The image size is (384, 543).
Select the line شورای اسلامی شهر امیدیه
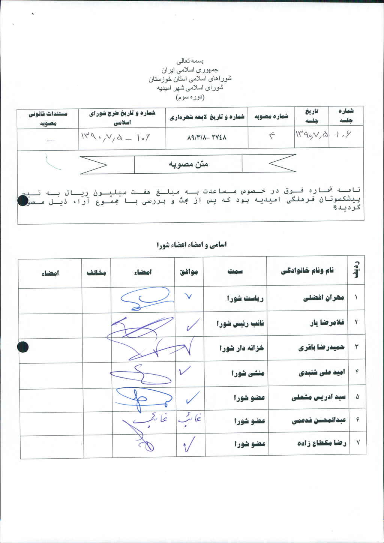pos(190,88)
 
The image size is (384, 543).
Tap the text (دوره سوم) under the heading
pos(190,97)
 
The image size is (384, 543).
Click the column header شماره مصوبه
pos(271,117)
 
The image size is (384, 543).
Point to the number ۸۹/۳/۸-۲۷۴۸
pos(207,138)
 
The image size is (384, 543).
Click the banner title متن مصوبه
pos(188,164)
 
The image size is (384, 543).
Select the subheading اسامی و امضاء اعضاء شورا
pos(192,245)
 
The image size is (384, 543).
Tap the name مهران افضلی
pos(323,298)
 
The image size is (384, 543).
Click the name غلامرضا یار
pos(327,323)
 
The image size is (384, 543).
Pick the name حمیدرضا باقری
pos(321,348)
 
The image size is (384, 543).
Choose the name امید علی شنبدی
pos(321,373)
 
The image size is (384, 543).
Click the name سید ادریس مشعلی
pos(318,397)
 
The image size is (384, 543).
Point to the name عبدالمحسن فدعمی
pos(319,421)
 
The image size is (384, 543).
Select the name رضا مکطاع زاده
pos(321,443)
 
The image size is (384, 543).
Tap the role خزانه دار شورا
pos(241,348)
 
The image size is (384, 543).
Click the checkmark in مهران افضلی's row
pos(189,297)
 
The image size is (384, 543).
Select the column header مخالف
pos(96,273)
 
